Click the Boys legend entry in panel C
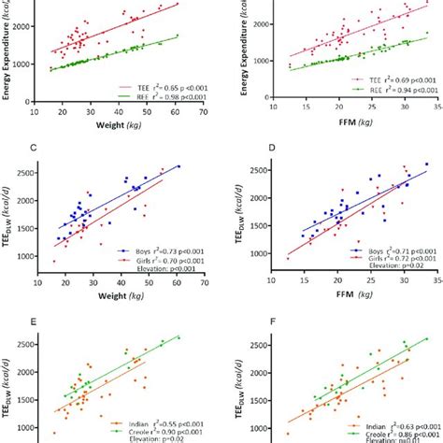coord(140,250)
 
